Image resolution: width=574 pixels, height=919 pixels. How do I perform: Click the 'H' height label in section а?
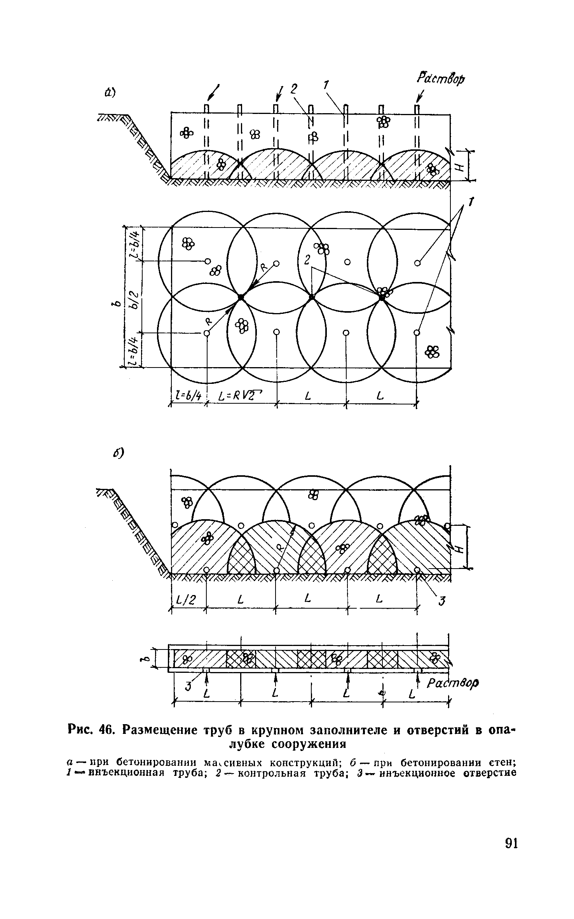[460, 166]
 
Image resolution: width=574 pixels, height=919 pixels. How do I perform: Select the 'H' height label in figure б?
[460, 549]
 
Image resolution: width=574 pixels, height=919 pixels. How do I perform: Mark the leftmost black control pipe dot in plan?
[241, 297]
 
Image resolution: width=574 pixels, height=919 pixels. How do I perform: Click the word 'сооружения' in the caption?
[303, 744]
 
